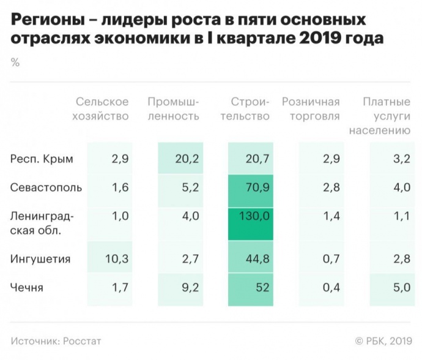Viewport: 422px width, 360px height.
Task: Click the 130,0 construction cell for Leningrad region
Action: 257,216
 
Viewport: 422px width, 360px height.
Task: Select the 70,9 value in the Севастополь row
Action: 257,187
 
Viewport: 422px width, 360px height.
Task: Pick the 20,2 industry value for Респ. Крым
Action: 187,159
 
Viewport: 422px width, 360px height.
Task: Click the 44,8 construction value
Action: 257,259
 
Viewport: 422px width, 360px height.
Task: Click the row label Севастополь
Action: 46,187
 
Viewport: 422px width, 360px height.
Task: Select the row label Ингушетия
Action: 40,259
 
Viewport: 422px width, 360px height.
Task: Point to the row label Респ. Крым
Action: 42,159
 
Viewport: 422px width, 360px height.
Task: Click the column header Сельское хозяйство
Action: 102,108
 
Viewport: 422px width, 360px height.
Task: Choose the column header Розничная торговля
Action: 311,108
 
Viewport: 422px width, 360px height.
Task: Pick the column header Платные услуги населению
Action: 379,116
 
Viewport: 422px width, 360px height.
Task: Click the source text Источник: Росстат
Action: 56,340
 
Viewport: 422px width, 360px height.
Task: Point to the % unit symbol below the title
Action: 15,62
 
